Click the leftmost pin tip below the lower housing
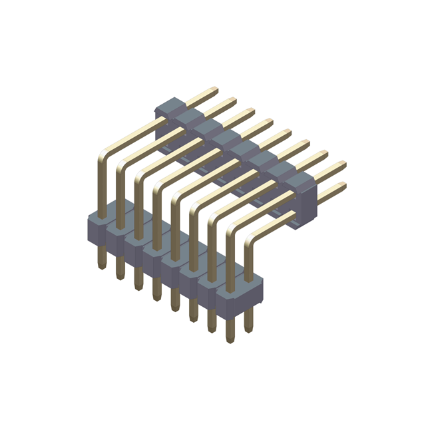[x=102, y=264]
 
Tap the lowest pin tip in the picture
[x=230, y=339]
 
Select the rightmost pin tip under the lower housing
[x=248, y=328]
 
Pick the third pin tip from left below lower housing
[x=138, y=286]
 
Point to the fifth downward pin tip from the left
[x=174, y=307]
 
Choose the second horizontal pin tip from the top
[x=233, y=101]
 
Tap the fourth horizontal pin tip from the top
[x=270, y=122]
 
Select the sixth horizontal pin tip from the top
[x=306, y=143]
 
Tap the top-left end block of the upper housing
[x=170, y=106]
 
